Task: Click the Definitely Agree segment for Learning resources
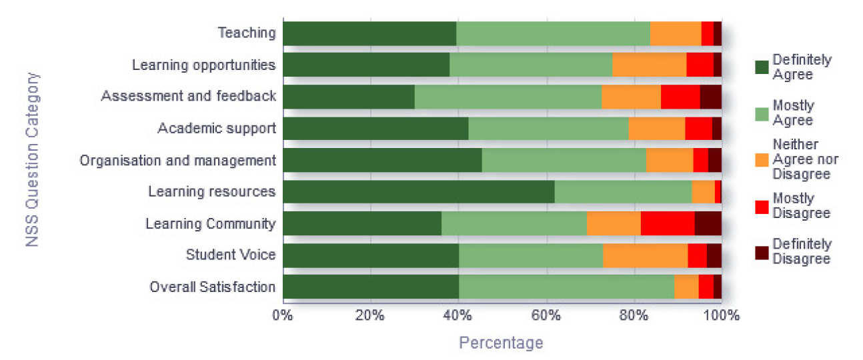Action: [x=418, y=192]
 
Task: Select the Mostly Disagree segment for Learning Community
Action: [x=668, y=224]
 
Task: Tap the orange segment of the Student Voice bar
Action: [x=645, y=255]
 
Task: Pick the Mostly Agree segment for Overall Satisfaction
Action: [x=566, y=287]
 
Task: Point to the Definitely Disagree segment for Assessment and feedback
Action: [x=710, y=97]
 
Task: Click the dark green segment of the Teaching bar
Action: [x=369, y=33]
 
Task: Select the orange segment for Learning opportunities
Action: [x=649, y=65]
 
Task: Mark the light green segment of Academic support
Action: [x=548, y=129]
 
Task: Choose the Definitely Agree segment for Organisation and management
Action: [x=382, y=160]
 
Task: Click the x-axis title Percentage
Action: [x=501, y=343]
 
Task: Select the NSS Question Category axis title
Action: [x=33, y=160]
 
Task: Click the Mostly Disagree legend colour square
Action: [x=761, y=206]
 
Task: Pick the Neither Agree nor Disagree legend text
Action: [x=804, y=159]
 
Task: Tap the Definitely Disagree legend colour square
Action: [x=761, y=252]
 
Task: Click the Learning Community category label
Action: [x=210, y=224]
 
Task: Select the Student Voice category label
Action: [x=230, y=255]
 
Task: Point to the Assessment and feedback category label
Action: [x=188, y=97]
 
